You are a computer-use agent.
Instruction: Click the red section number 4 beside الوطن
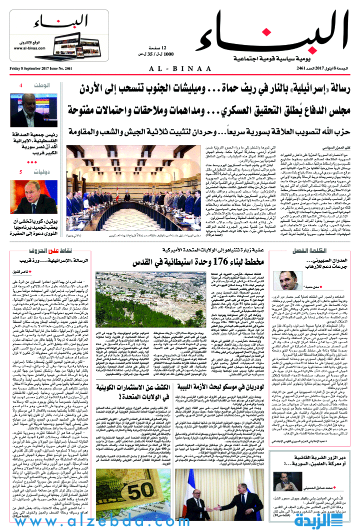20,86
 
